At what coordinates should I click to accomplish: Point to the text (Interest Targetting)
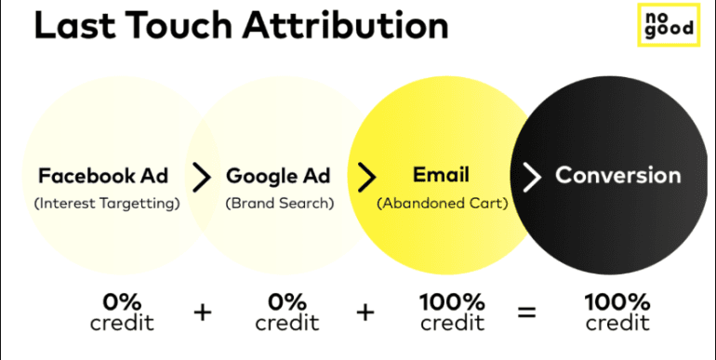[107, 204]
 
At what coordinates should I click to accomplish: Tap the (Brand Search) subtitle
[280, 204]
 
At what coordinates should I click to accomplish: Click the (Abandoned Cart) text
[442, 204]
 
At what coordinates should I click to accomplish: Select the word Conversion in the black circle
[617, 175]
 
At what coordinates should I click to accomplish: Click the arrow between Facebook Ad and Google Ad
[201, 176]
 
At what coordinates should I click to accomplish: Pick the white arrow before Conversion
[531, 176]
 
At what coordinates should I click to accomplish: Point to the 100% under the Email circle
[452, 302]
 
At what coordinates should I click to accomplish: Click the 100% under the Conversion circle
[617, 302]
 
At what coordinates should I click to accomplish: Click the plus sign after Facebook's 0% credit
[202, 313]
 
